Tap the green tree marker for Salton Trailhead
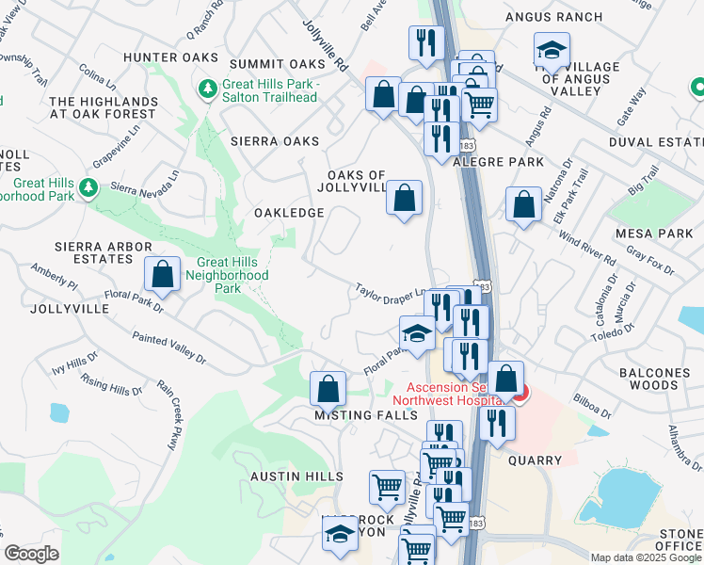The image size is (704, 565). [207, 89]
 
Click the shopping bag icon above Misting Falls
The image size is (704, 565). [328, 387]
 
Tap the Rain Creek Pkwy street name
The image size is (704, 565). [174, 414]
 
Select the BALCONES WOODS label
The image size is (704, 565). [655, 380]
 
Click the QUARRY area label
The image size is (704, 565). [535, 460]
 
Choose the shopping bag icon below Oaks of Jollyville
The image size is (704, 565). [404, 198]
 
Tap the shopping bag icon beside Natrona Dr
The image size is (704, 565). [523, 204]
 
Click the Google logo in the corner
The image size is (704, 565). [32, 554]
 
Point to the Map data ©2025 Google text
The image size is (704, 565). [646, 557]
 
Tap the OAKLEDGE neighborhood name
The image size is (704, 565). [289, 213]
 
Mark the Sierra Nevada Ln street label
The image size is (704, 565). [144, 183]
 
